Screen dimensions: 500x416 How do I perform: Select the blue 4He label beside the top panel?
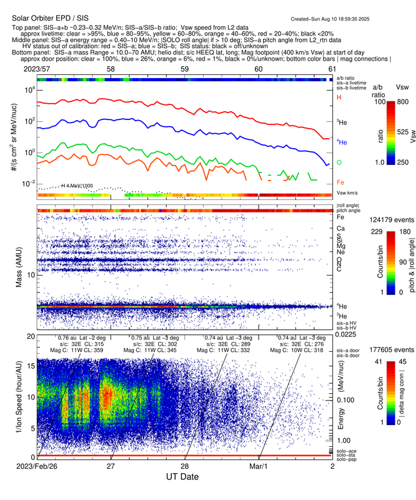[341, 142]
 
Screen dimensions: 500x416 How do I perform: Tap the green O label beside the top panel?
[339, 162]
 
